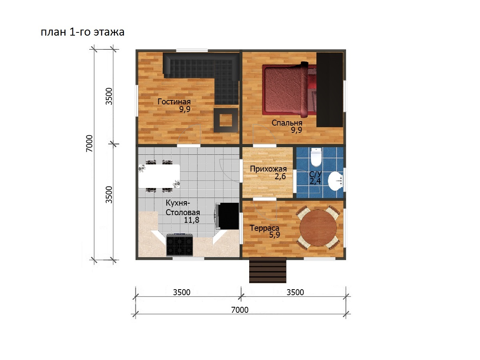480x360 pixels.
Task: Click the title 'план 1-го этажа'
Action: [82, 32]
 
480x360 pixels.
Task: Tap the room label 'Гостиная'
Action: [174, 102]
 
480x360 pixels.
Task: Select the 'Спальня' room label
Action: [287, 123]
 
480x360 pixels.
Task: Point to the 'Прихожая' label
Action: [268, 169]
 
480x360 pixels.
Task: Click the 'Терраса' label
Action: [265, 228]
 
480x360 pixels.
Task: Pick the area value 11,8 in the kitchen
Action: [192, 220]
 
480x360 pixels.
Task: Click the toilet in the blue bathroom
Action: [316, 157]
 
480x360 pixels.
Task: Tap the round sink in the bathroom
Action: [336, 181]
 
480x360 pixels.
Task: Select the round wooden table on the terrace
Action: [318, 228]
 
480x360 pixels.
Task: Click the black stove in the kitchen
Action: [180, 244]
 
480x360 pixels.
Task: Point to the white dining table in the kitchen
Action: [159, 176]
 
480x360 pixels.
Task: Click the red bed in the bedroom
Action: [289, 90]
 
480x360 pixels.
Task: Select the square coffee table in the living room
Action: [226, 120]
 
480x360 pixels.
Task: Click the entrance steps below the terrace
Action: [268, 270]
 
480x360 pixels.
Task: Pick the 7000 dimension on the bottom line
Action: [240, 310]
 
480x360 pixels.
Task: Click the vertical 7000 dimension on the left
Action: [90, 143]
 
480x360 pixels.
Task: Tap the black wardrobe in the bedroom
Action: [330, 90]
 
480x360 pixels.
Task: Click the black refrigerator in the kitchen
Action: [228, 216]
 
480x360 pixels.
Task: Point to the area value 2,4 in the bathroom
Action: [315, 181]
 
